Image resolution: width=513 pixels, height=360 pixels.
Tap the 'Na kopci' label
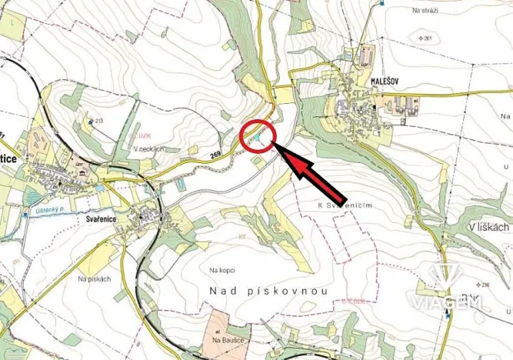tap(222, 271)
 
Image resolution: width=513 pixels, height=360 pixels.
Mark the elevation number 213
tap(97, 121)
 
